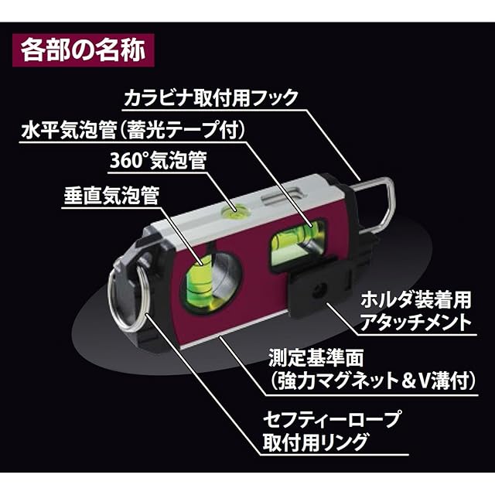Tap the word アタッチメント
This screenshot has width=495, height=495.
(x=408, y=323)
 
